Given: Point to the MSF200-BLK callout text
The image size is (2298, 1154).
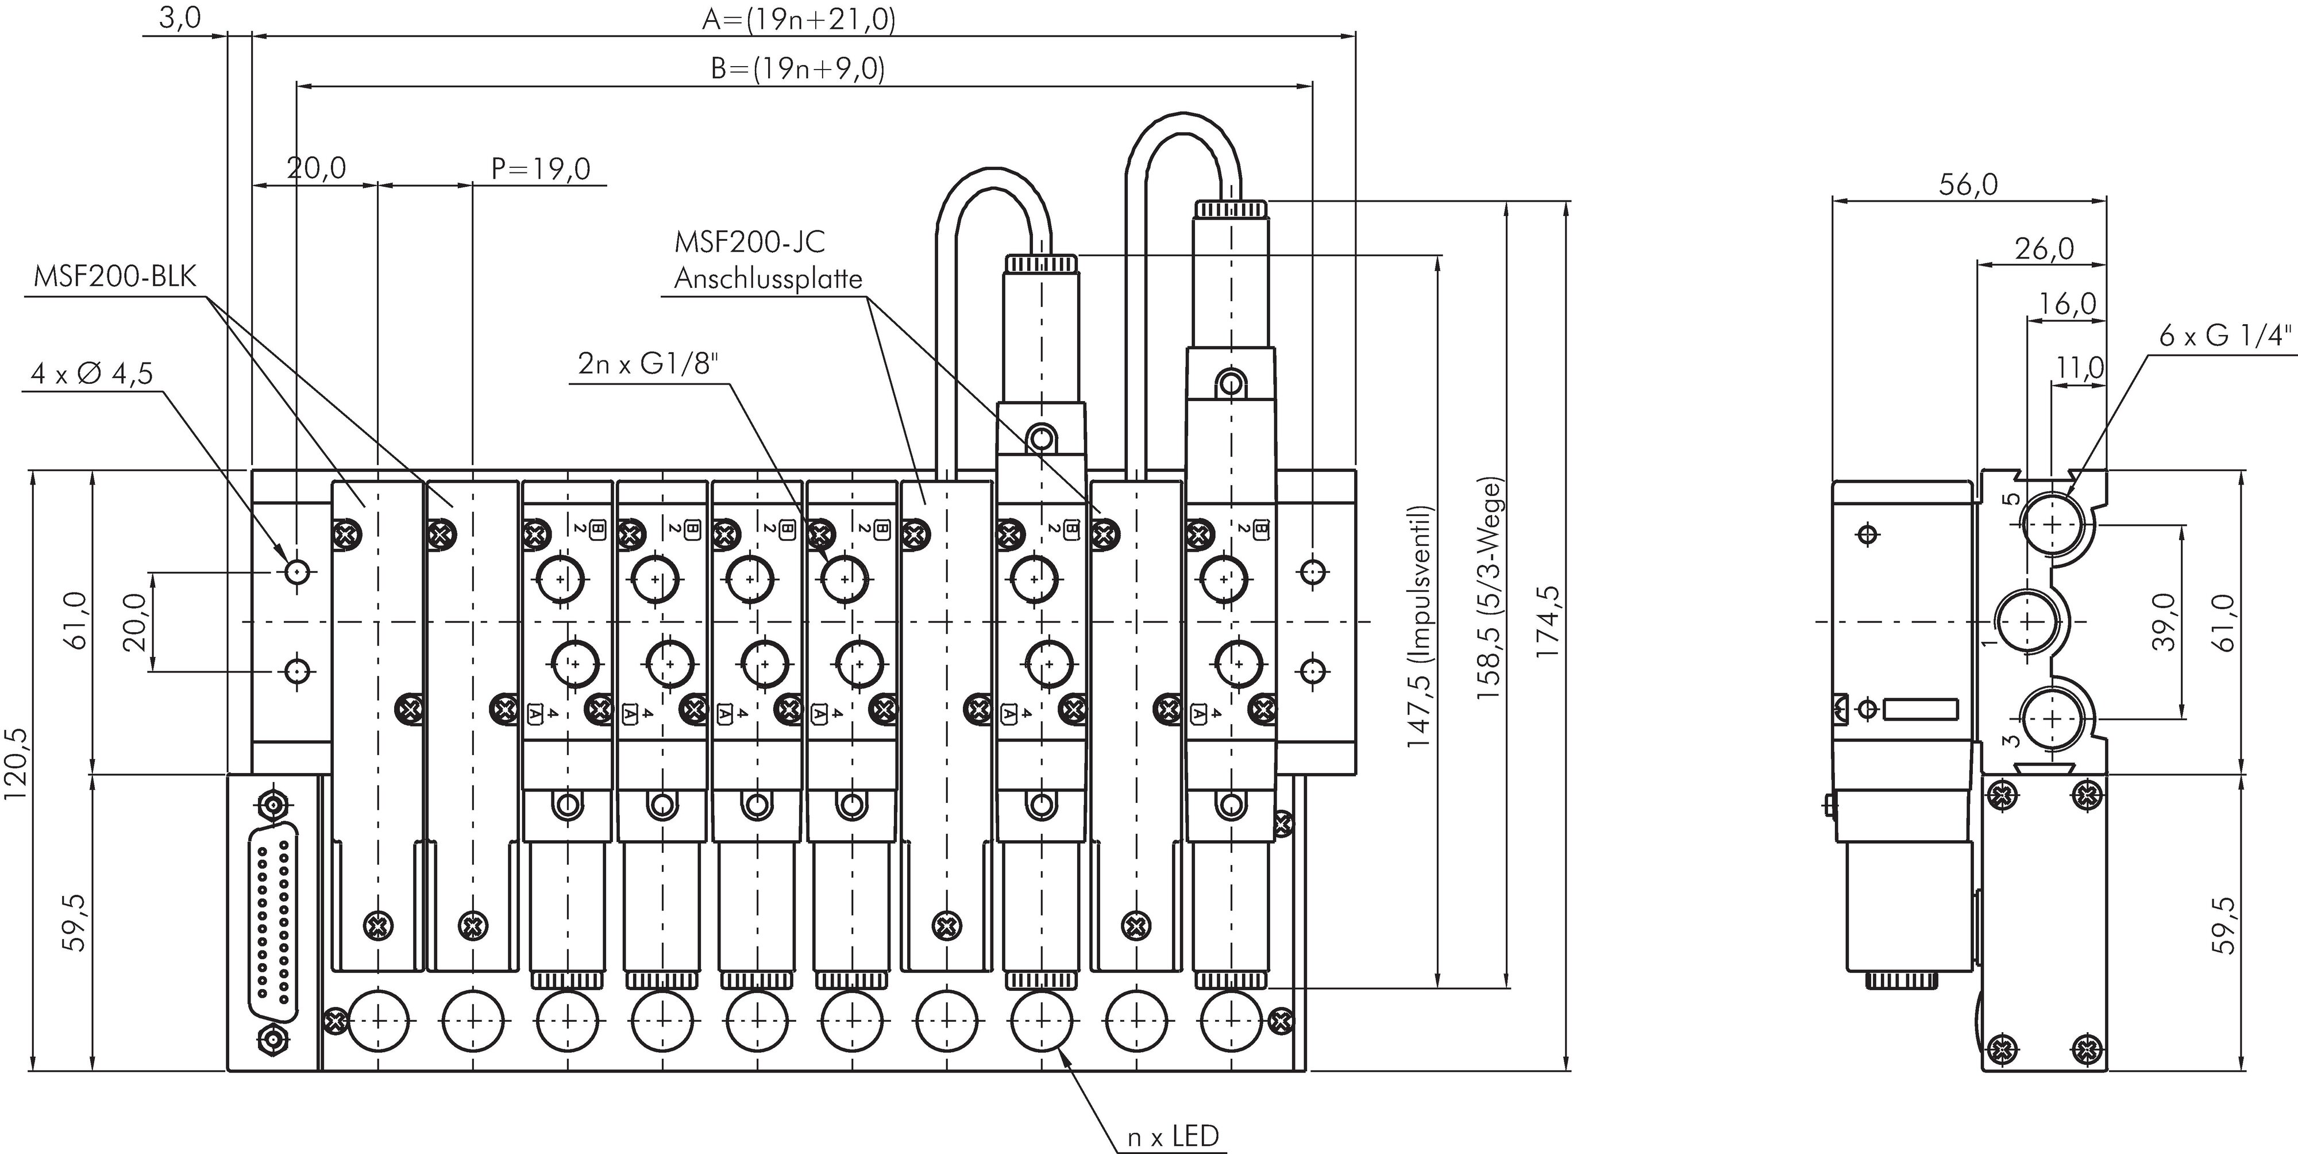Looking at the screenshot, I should pos(114,276).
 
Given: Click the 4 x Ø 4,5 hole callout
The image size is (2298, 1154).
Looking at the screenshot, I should pos(92,372).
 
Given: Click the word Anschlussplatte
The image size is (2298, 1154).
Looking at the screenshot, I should pos(767,279).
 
